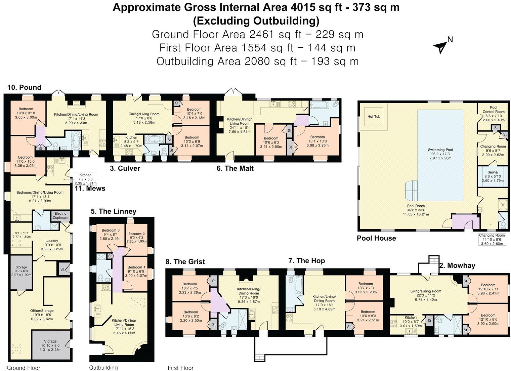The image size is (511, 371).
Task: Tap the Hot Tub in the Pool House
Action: pyautogui.click(x=374, y=117)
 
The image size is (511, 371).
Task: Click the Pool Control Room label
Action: pyautogui.click(x=493, y=114)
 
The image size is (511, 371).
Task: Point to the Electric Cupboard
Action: pyautogui.click(x=60, y=216)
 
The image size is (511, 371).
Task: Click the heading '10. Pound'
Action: pyautogui.click(x=25, y=88)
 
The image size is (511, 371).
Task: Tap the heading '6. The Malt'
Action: pyautogui.click(x=235, y=168)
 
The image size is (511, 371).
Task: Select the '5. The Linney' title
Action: pyautogui.click(x=113, y=211)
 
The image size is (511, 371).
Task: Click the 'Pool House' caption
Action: pyautogui.click(x=376, y=238)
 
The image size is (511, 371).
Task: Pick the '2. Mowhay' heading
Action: pyautogui.click(x=457, y=265)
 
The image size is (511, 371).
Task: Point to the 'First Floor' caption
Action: pyautogui.click(x=180, y=368)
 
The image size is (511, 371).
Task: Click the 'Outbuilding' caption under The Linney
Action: pyautogui.click(x=103, y=368)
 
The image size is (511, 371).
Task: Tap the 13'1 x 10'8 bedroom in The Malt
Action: pyautogui.click(x=317, y=141)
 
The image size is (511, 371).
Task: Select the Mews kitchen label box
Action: pyautogui.click(x=85, y=179)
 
